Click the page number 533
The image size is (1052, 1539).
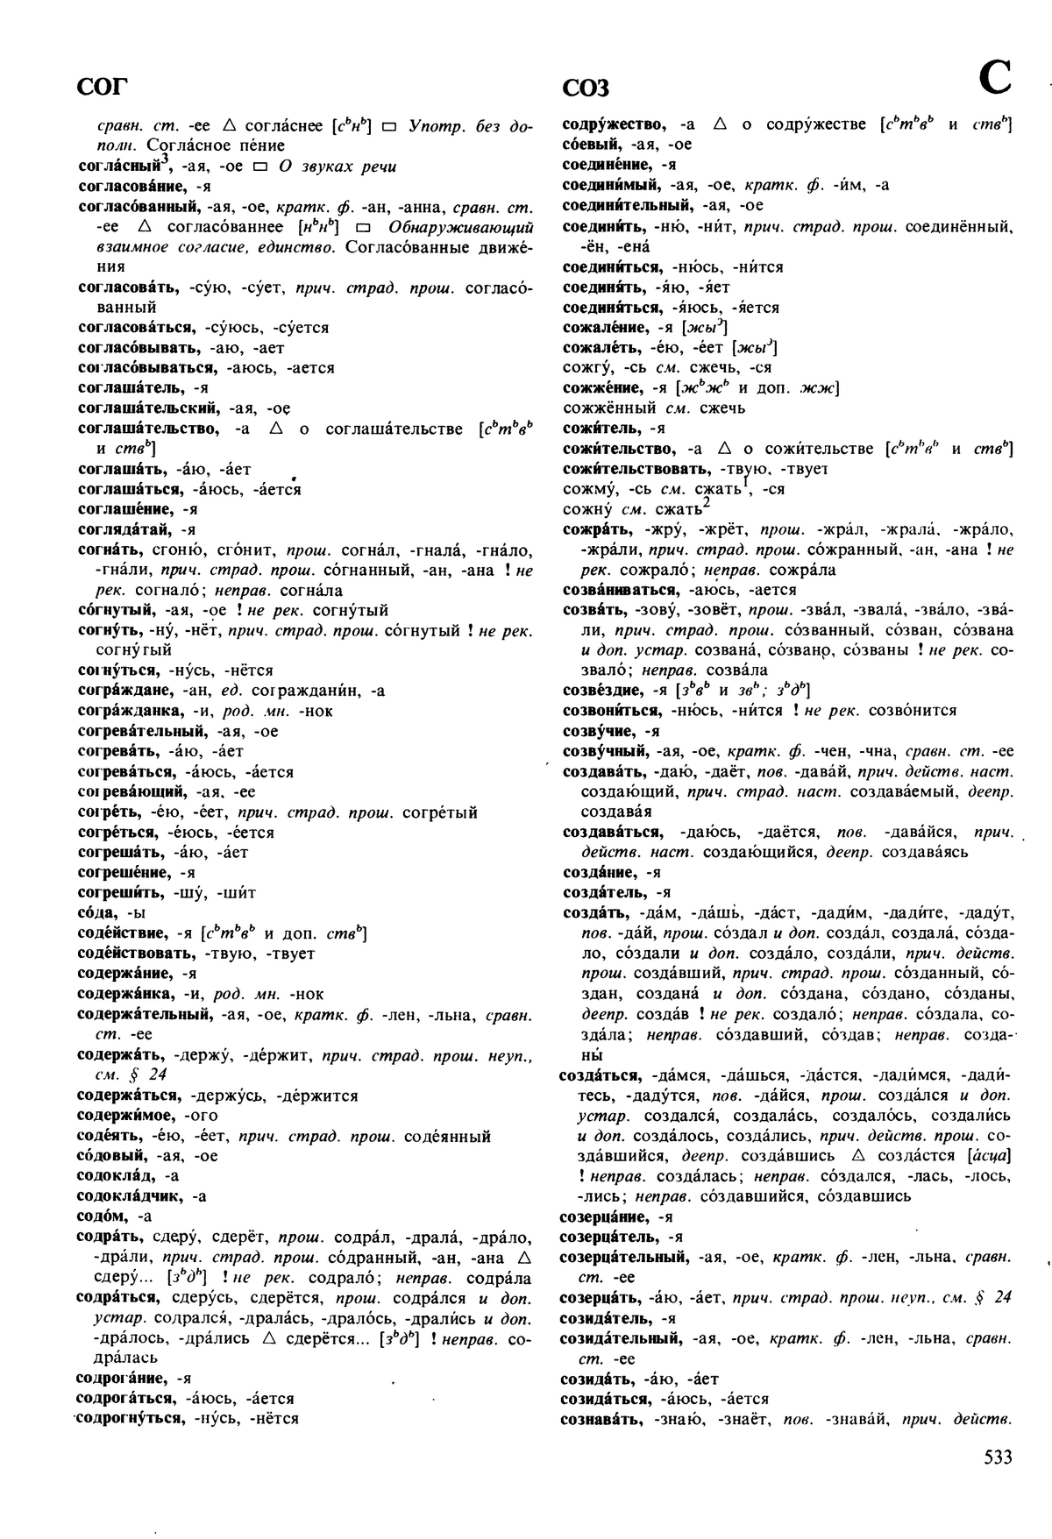point(998,1457)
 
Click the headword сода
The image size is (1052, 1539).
point(96,913)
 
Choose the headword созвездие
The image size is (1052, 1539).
point(601,690)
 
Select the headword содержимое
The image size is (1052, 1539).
point(128,1116)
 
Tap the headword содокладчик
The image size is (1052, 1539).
point(129,1196)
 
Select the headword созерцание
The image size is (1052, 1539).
point(605,1216)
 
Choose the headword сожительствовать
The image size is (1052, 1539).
point(636,469)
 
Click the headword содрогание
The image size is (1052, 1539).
point(124,1378)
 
